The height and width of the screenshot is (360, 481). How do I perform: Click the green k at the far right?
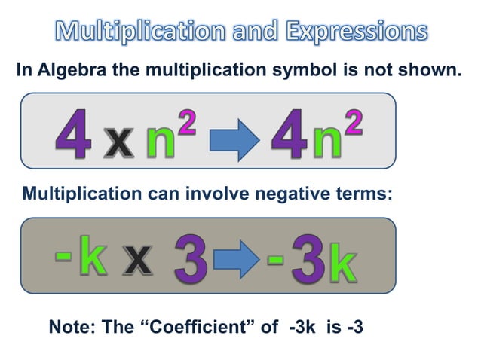point(342,267)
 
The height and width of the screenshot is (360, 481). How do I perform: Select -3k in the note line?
point(306,328)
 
